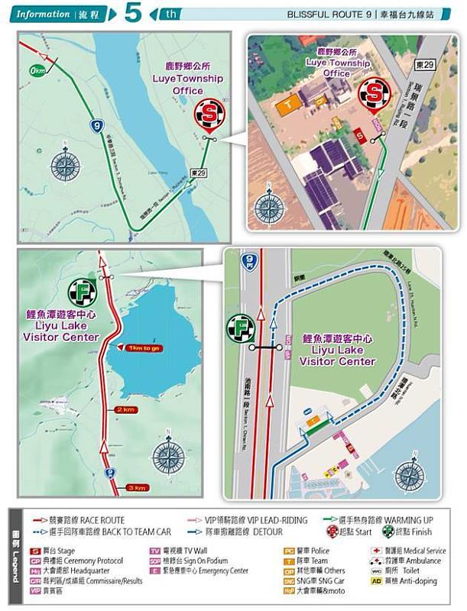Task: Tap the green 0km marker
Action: click(34, 71)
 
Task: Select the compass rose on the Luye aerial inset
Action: click(269, 206)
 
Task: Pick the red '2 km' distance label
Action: click(126, 410)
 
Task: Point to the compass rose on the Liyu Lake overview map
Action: click(169, 457)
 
